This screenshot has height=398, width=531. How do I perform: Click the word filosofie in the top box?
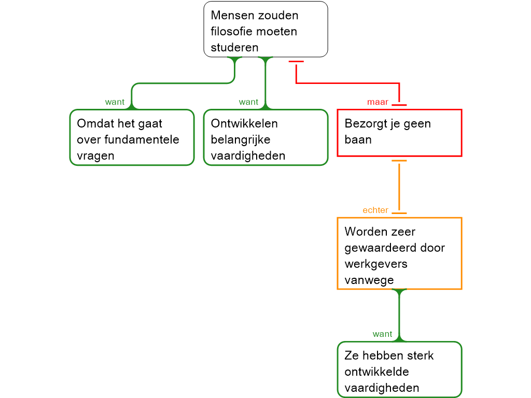[231, 31]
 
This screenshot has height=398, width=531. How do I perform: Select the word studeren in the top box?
[234, 47]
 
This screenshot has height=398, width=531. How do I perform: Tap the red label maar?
[378, 103]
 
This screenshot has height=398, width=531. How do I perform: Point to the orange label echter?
[375, 210]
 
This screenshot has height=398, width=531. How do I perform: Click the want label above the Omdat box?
[115, 102]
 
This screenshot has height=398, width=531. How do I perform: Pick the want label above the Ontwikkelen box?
[248, 102]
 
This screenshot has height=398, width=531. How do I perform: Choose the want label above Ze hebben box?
[382, 334]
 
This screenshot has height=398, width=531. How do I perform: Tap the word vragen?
[95, 156]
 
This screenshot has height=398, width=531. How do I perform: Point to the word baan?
[358, 139]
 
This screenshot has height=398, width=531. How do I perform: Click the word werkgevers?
[376, 264]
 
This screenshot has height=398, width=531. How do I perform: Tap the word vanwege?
[369, 280]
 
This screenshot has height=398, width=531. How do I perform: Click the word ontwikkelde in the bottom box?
[376, 372]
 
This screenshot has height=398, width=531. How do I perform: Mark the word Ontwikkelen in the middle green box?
[244, 123]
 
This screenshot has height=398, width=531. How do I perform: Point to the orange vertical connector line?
[399, 187]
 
